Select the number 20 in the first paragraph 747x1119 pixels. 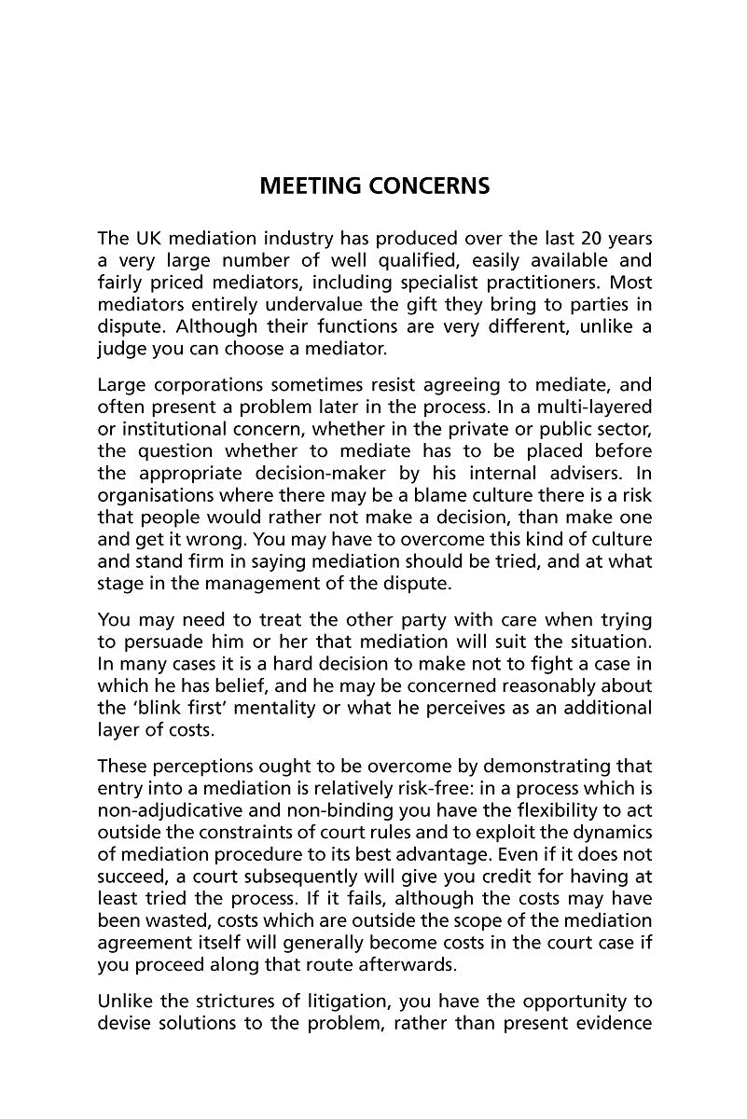click(x=589, y=239)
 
